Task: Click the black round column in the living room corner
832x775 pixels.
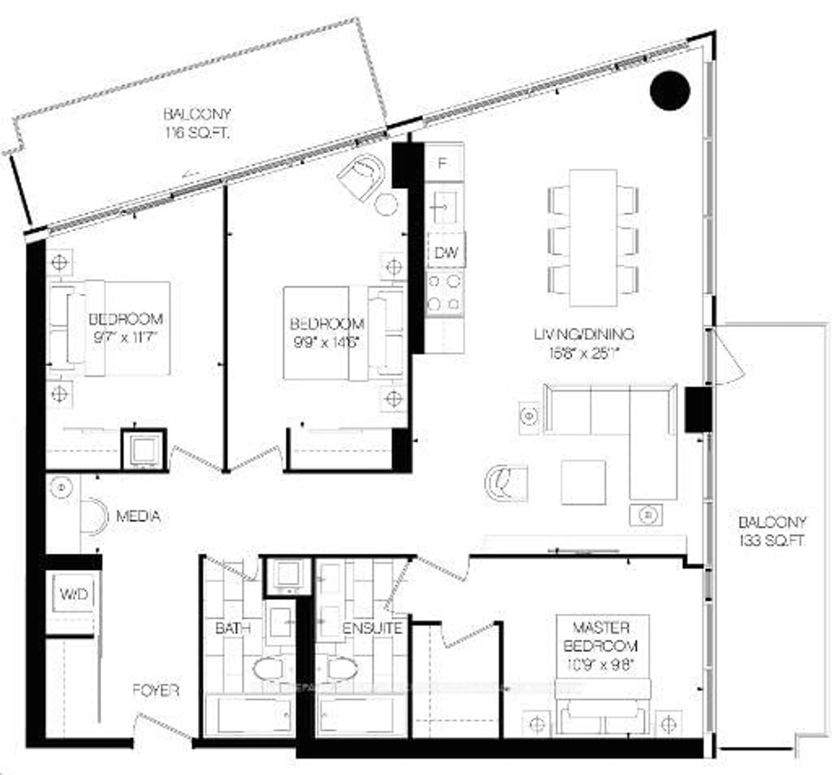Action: (x=670, y=90)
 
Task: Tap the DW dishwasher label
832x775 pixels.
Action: (x=446, y=253)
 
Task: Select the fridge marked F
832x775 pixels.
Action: (x=443, y=163)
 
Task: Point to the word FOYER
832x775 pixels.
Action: (x=156, y=691)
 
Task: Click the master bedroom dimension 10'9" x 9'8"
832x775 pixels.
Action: (x=600, y=665)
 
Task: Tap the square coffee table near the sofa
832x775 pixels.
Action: (x=583, y=482)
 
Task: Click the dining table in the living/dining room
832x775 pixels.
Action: (x=593, y=238)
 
